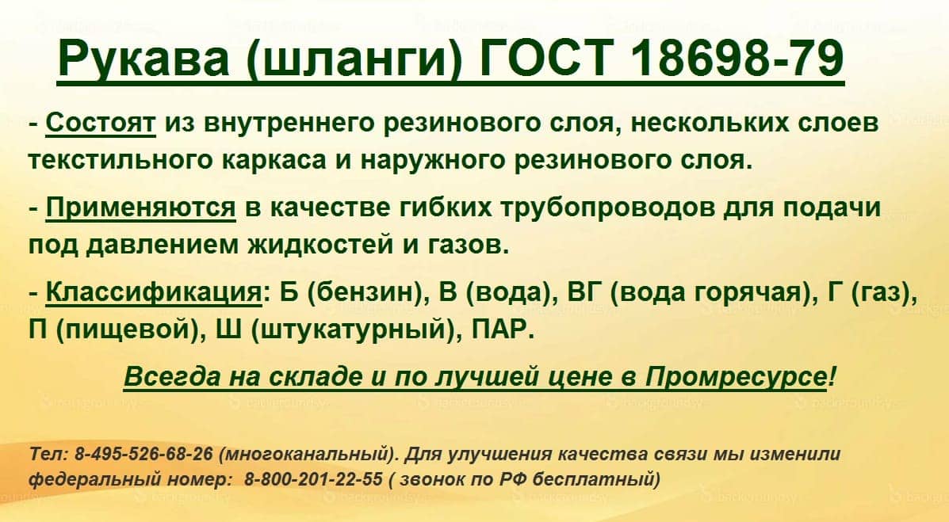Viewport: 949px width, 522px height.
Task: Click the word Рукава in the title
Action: point(143,58)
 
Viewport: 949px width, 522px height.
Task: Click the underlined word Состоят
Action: point(101,123)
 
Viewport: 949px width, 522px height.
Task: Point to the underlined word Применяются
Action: point(140,208)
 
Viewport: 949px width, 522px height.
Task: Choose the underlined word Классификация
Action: point(154,293)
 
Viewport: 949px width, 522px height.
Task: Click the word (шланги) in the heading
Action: point(354,59)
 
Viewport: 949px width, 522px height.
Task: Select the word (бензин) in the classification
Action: point(365,293)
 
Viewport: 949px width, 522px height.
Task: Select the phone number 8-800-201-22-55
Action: point(313,480)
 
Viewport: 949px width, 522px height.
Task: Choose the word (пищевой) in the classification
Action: point(128,330)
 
